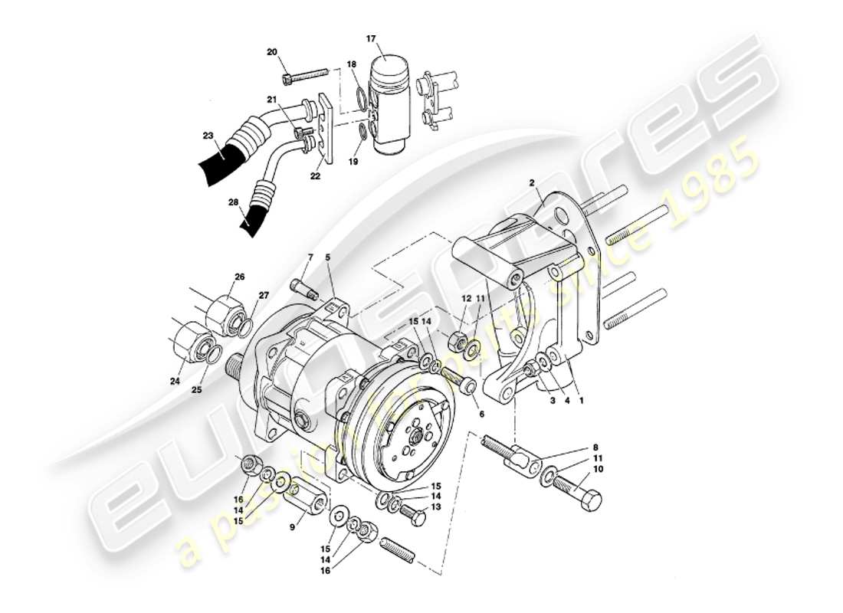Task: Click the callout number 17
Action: (x=371, y=38)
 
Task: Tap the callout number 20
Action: (x=271, y=52)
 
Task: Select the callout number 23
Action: (x=208, y=135)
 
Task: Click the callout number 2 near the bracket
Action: (x=530, y=182)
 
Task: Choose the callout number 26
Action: (x=238, y=277)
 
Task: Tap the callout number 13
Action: (x=435, y=507)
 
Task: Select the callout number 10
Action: (x=598, y=469)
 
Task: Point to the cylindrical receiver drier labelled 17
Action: (x=392, y=100)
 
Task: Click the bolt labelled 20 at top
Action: (x=305, y=75)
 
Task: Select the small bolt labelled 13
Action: (x=413, y=515)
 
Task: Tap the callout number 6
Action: (x=481, y=414)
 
